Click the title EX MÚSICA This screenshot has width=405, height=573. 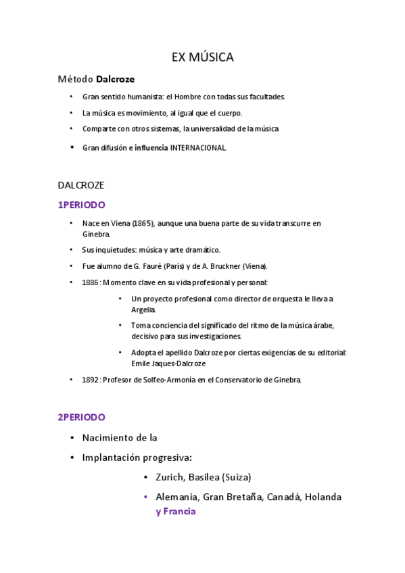202,58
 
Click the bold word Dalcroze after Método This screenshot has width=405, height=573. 115,79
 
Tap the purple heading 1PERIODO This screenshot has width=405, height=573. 81,205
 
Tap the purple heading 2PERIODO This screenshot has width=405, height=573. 81,417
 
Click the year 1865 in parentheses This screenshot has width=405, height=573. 143,222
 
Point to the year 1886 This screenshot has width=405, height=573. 91,282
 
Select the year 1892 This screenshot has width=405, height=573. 91,380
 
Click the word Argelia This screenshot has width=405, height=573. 143,309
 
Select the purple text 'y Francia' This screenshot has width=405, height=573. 175,512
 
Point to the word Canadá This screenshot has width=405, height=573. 283,497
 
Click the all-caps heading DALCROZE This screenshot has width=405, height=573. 80,184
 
